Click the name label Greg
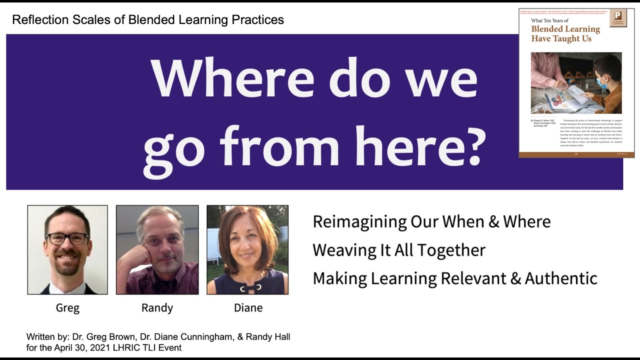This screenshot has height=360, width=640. tap(67, 308)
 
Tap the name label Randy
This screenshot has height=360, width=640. tap(157, 308)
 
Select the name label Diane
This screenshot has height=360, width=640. tap(248, 308)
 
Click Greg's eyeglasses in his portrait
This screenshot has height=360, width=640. tap(67, 238)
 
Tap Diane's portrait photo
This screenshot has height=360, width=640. tap(247, 249)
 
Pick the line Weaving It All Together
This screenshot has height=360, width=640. tap(399, 250)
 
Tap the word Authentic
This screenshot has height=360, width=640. tap(561, 278)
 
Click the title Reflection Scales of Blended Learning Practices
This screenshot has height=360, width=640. tap(148, 20)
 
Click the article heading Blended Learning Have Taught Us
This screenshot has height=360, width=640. tap(565, 34)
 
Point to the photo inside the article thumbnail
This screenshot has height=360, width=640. tap(576, 82)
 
